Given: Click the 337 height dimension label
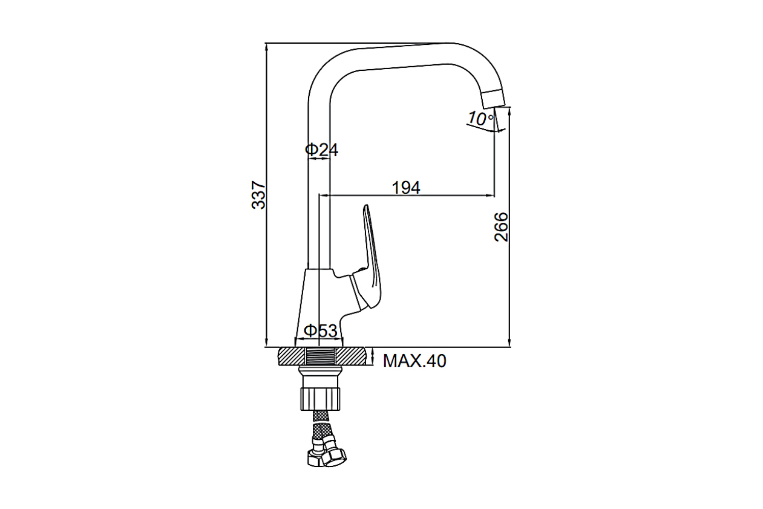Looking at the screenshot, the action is [x=258, y=195].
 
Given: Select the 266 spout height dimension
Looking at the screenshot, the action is [x=501, y=227].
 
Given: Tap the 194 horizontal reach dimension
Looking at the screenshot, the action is [x=406, y=187].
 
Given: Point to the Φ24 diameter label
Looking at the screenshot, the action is [x=321, y=150].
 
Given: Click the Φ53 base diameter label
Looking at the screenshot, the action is [x=320, y=330].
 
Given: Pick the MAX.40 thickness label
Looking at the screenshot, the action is [x=415, y=361].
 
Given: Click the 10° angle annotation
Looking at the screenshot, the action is [x=480, y=118].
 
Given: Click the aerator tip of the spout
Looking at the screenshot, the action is [x=493, y=98].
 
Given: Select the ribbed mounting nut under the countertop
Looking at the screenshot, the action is [x=320, y=399].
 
